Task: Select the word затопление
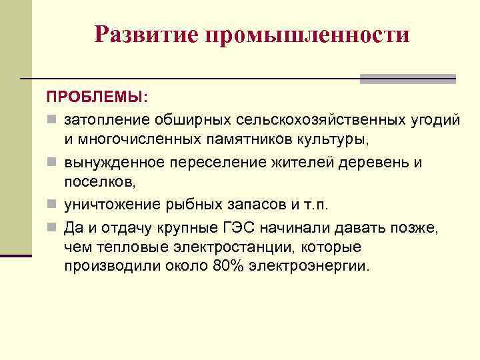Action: point(106,120)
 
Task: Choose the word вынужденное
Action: point(113,162)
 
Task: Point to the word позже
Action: point(413,225)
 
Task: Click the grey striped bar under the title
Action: point(407,79)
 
